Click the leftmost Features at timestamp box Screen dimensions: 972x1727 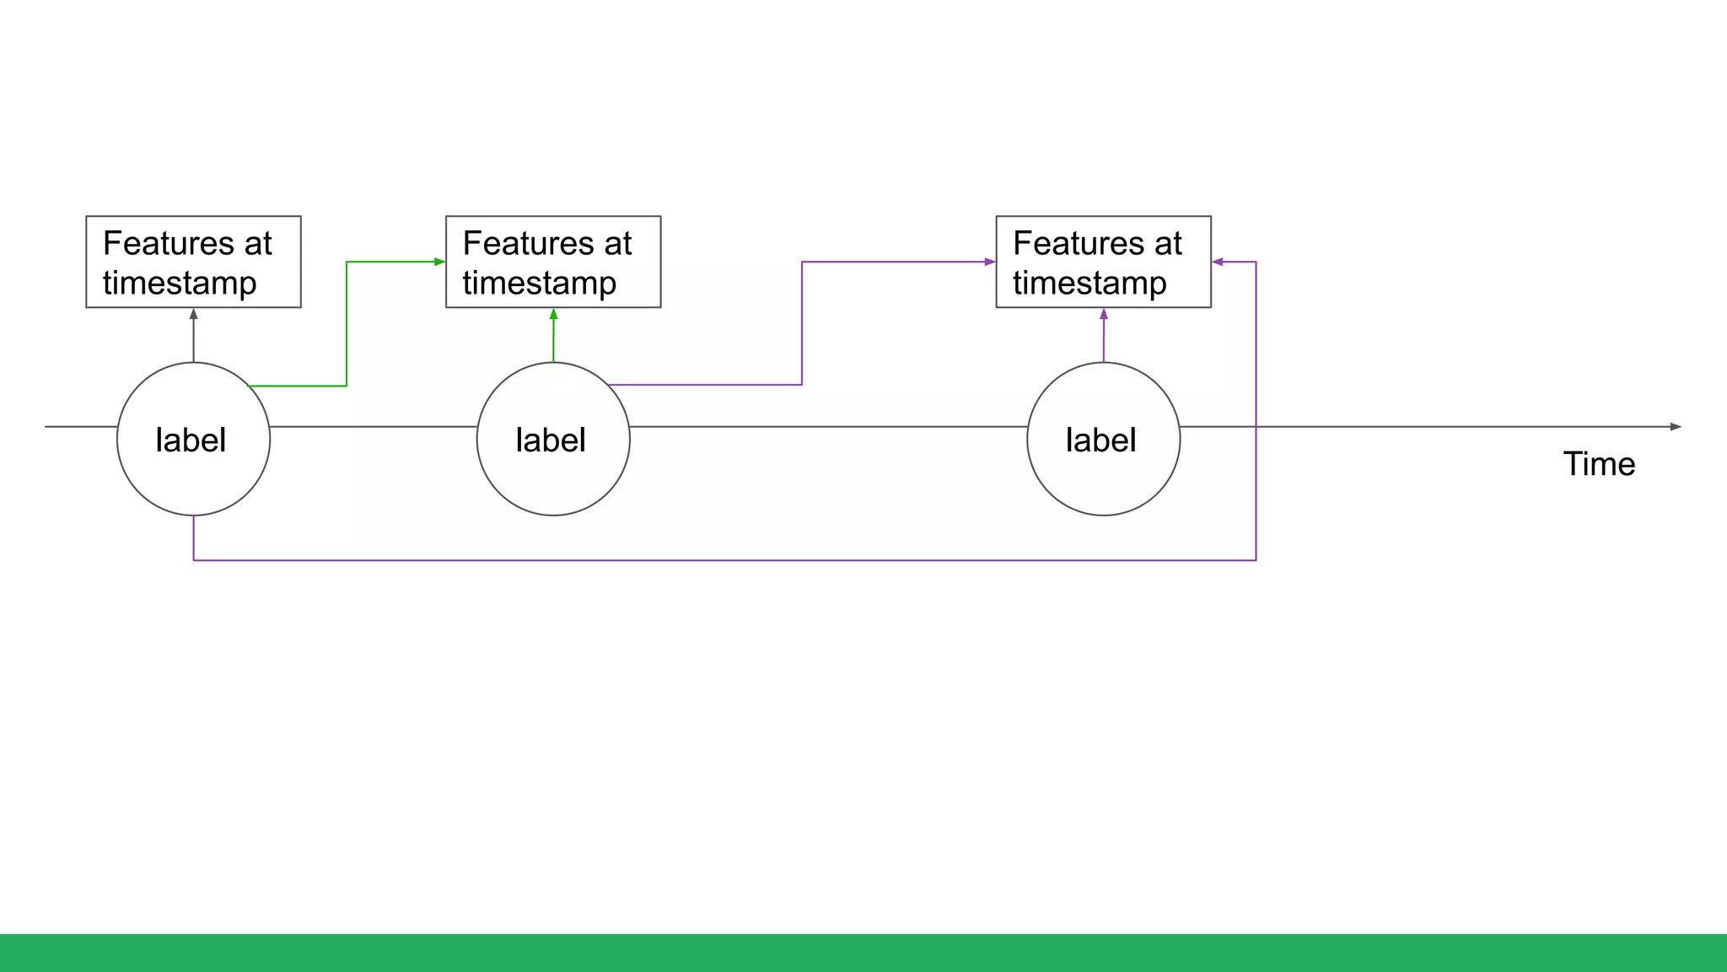point(193,262)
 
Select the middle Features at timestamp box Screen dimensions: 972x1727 point(553,262)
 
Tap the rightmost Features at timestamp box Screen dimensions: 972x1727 point(1103,262)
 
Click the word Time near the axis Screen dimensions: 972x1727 point(1599,464)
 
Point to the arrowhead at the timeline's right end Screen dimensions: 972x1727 point(1676,427)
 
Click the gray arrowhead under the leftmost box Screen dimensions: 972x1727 point(194,314)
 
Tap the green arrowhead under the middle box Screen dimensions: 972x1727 point(554,314)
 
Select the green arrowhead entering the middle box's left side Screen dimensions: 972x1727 point(439,262)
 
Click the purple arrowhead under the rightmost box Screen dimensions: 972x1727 point(1104,314)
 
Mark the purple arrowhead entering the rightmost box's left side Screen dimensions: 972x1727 point(990,262)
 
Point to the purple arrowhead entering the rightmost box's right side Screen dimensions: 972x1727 point(1218,262)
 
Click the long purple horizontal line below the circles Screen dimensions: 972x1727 point(725,560)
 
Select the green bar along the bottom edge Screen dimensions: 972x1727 point(863,953)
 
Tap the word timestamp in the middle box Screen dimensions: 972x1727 point(540,283)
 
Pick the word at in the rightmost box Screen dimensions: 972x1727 point(1169,243)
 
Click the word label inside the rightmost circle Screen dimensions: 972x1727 point(1100,440)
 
